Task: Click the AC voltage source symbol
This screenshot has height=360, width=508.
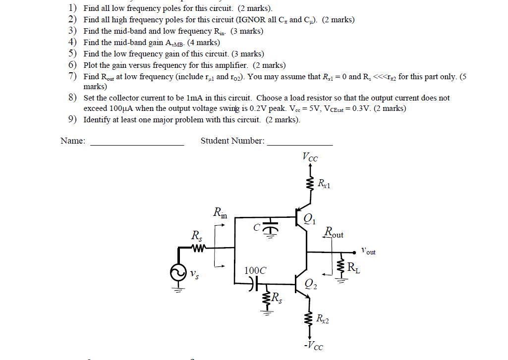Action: pyautogui.click(x=177, y=273)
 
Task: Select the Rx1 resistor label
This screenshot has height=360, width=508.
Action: pyautogui.click(x=324, y=185)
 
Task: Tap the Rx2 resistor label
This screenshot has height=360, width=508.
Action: pyautogui.click(x=322, y=319)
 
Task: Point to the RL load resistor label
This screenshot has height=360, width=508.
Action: pyautogui.click(x=353, y=268)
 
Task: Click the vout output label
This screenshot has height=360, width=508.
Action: pyautogui.click(x=368, y=251)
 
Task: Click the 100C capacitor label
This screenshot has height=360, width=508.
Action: pyautogui.click(x=255, y=270)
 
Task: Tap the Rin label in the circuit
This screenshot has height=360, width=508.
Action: pyautogui.click(x=220, y=213)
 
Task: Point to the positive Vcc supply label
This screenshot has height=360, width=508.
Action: pyautogui.click(x=310, y=157)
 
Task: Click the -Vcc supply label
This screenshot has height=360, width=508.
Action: pyautogui.click(x=313, y=345)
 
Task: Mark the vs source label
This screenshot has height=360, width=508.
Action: pyautogui.click(x=195, y=273)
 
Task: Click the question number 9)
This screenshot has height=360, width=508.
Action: pyautogui.click(x=73, y=119)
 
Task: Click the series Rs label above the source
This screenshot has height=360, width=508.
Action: pyautogui.click(x=196, y=236)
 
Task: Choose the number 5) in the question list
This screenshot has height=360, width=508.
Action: pyautogui.click(x=73, y=53)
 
